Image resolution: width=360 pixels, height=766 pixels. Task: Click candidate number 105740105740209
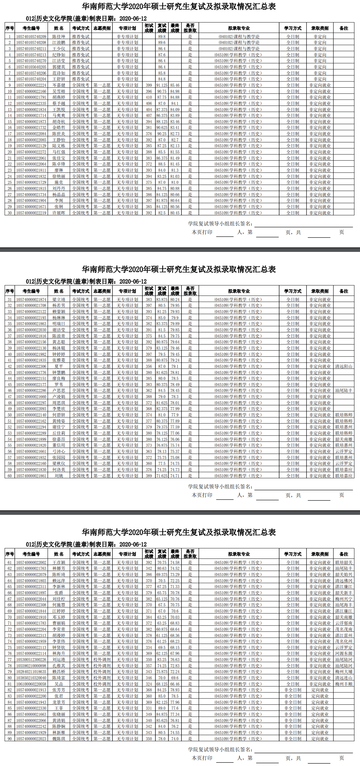click(31, 37)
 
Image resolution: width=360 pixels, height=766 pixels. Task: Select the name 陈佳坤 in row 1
click(59, 37)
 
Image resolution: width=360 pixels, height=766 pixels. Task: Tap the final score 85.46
click(175, 85)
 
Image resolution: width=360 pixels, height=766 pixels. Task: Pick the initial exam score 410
click(149, 97)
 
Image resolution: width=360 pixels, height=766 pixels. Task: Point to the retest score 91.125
click(162, 85)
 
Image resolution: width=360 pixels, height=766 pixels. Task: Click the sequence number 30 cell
click(10, 213)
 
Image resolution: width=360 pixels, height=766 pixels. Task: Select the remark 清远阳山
click(344, 367)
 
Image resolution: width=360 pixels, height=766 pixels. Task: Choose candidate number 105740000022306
click(31, 367)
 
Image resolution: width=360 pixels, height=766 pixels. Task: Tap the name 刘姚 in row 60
click(59, 476)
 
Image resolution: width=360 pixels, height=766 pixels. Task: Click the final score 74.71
click(175, 476)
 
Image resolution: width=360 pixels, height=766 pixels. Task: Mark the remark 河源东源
click(344, 654)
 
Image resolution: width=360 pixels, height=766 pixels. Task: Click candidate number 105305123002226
click(31, 660)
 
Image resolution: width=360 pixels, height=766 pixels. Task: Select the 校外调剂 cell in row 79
click(102, 672)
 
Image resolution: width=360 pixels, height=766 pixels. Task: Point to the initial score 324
click(149, 684)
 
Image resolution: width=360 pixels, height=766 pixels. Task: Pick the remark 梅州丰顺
click(344, 684)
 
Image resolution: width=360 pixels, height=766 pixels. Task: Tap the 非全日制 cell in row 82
click(293, 690)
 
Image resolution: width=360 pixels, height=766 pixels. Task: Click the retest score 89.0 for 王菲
click(162, 708)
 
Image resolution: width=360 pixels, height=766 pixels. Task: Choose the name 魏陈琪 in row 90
click(59, 739)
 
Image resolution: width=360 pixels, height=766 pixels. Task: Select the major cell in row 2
click(239, 43)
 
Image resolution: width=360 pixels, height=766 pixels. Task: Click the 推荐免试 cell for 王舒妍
click(81, 79)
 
